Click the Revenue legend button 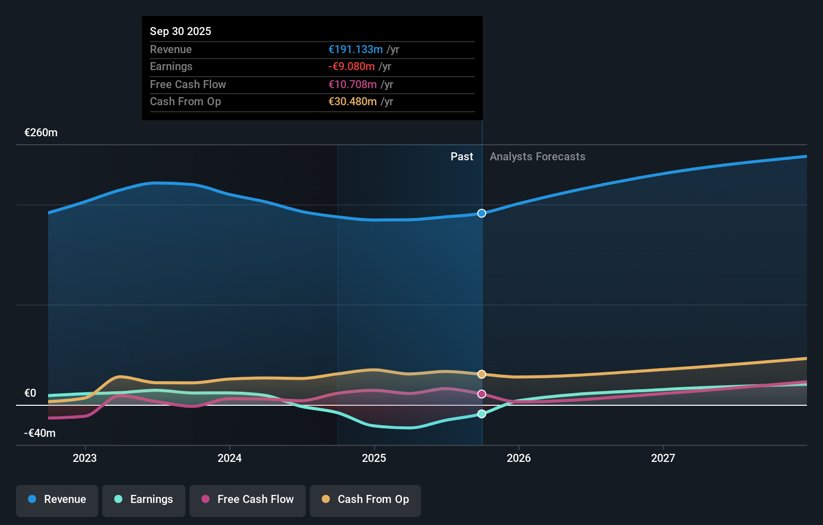click(57, 499)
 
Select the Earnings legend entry click(144, 499)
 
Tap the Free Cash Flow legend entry click(248, 499)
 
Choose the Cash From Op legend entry click(365, 499)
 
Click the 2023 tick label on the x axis click(85, 458)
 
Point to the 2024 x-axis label click(230, 458)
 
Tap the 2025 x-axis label click(374, 458)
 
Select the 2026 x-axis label click(519, 458)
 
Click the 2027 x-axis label click(663, 458)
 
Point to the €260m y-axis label click(41, 133)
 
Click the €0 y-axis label click(31, 393)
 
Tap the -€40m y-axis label click(40, 433)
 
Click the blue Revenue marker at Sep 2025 click(482, 213)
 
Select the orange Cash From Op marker click(482, 374)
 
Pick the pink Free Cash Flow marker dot click(482, 394)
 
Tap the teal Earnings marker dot click(482, 414)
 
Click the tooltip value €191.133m click(355, 50)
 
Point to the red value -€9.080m click(351, 67)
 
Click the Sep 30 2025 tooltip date click(180, 31)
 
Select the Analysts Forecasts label click(537, 157)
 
